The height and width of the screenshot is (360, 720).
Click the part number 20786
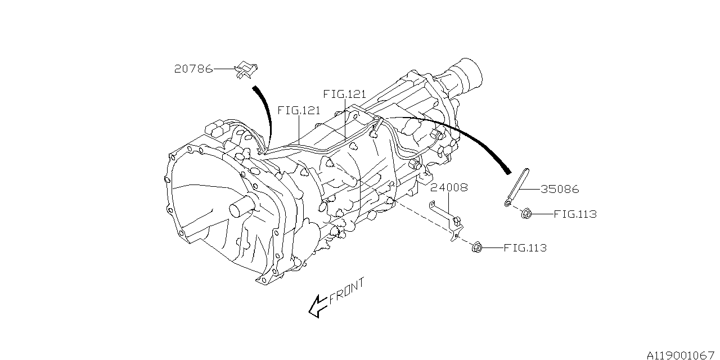tap(193, 69)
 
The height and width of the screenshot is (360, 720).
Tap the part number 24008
tap(449, 187)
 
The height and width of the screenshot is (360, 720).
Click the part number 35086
tap(560, 190)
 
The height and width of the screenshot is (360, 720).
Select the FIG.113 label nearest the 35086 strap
tap(575, 214)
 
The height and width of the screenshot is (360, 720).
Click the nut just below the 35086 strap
tap(526, 213)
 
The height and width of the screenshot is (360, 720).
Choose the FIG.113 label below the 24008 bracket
tap(525, 247)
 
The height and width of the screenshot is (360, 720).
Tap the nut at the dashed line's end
tap(476, 246)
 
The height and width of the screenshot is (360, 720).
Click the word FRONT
tap(347, 290)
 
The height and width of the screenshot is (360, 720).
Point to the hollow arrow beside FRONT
tap(318, 305)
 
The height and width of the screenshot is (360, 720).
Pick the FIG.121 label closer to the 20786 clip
tap(298, 110)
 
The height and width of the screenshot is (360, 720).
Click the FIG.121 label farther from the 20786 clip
tap(344, 94)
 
